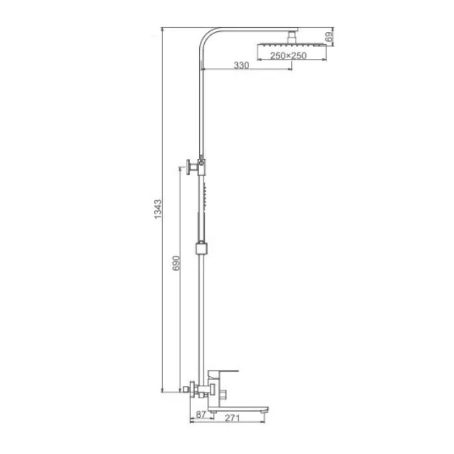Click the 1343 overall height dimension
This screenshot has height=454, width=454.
coord(159,211)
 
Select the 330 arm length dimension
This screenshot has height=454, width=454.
coord(242,65)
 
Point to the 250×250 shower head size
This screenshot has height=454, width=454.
coord(288,55)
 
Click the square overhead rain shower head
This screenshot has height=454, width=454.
coord(293,45)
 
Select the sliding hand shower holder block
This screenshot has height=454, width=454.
coord(200,248)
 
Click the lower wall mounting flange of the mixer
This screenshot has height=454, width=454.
coord(193,389)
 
